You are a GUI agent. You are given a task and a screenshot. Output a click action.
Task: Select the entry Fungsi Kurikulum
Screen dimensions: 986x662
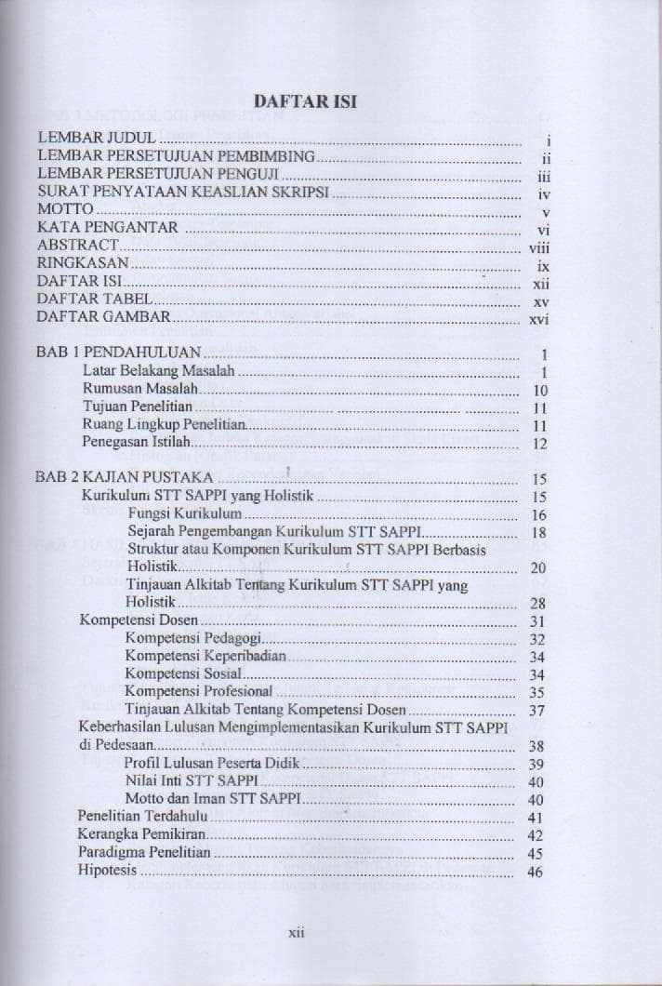click(x=185, y=513)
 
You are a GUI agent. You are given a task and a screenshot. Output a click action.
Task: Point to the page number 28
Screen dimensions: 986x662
click(x=536, y=602)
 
